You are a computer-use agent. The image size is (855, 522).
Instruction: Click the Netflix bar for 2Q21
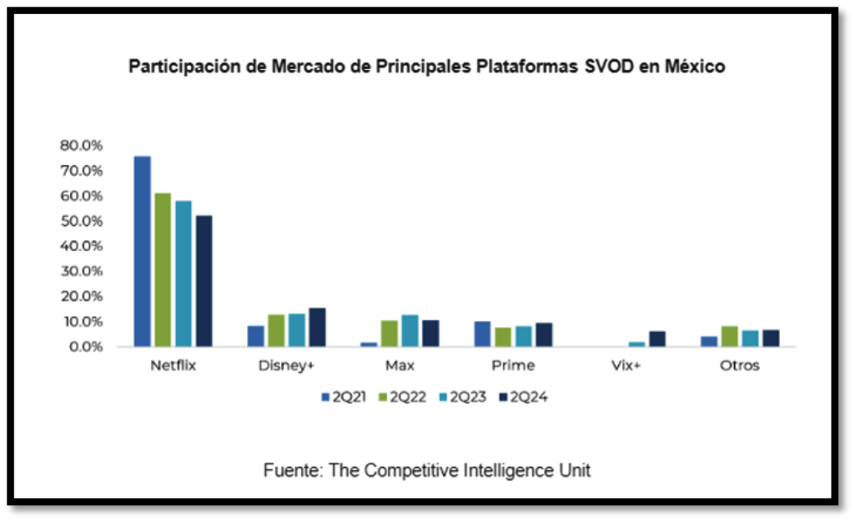pos(143,251)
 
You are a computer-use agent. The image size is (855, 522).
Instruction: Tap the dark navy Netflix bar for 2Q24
pos(204,280)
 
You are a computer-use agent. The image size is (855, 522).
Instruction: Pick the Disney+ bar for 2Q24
pos(317,327)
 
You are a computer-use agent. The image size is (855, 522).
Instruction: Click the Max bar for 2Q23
pos(410,330)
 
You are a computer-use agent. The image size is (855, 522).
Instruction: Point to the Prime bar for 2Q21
pos(482,334)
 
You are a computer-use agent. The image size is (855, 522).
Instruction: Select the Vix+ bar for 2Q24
pos(657,339)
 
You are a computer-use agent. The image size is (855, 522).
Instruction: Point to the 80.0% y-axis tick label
pos(81,145)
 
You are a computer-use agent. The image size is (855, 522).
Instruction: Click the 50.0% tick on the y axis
pos(81,221)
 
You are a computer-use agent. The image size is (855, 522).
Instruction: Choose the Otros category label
pos(739,366)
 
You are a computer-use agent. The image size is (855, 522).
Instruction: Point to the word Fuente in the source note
pos(292,470)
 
